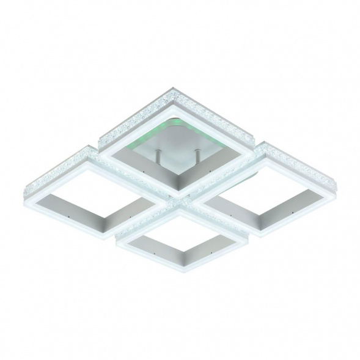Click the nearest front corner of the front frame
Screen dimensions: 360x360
(177, 273)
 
